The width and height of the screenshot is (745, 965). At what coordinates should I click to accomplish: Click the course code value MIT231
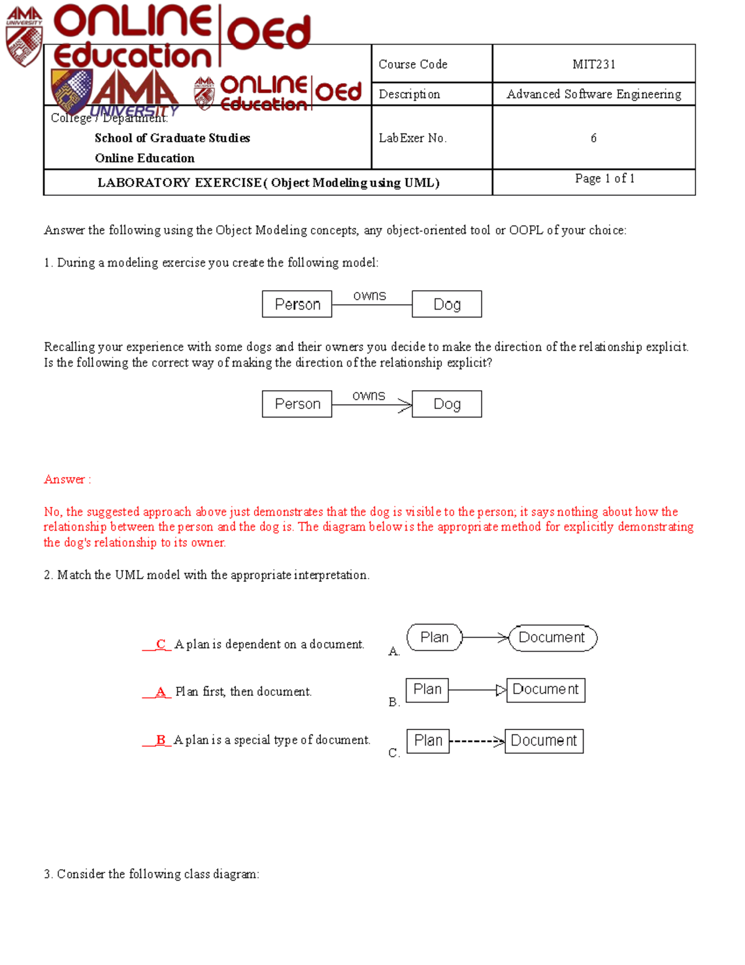(x=594, y=64)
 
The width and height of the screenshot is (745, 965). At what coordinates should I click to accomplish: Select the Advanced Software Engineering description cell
(x=594, y=94)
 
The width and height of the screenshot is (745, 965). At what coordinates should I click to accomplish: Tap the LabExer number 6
(x=594, y=138)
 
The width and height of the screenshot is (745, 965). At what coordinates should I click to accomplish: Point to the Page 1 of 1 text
(x=604, y=178)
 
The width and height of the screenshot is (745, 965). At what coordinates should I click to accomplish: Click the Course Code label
(x=413, y=64)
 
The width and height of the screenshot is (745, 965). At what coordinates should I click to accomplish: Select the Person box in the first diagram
(x=297, y=304)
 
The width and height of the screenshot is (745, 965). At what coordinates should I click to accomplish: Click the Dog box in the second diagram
(x=446, y=404)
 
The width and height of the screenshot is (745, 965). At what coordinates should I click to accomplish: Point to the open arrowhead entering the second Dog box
(x=405, y=406)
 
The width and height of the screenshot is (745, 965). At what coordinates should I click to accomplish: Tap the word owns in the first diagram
(x=369, y=296)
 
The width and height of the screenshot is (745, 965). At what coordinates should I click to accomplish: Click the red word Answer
(x=65, y=479)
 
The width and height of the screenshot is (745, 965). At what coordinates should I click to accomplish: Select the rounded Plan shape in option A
(x=435, y=638)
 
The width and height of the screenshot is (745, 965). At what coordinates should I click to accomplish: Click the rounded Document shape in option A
(x=552, y=638)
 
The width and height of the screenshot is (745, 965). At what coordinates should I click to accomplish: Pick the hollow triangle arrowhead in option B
(x=501, y=690)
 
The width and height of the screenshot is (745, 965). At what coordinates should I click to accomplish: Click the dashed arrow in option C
(x=476, y=741)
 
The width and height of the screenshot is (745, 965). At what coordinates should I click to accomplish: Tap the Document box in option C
(x=544, y=741)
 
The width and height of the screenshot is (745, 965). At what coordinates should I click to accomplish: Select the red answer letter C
(x=161, y=644)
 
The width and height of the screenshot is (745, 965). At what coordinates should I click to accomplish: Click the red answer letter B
(x=161, y=739)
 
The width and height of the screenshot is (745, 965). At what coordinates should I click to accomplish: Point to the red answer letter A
(x=161, y=692)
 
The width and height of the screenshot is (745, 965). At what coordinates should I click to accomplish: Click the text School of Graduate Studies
(x=172, y=138)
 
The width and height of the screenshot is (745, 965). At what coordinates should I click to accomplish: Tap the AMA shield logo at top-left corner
(x=24, y=37)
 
